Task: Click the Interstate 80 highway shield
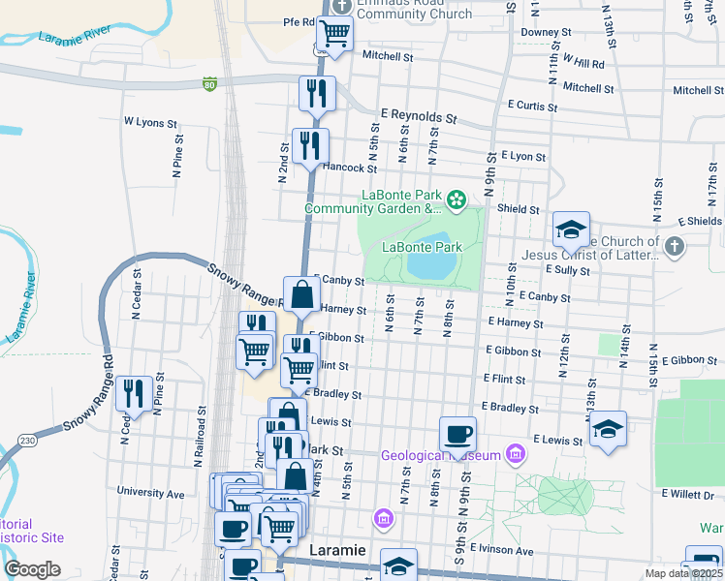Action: pos(209,85)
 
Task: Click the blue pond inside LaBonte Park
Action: pos(426,259)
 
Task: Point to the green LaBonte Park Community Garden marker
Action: pos(455,201)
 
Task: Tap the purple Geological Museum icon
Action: pos(515,454)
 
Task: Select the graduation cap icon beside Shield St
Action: pos(572,229)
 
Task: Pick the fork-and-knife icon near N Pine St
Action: pos(134,393)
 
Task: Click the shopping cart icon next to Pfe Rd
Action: pos(334,32)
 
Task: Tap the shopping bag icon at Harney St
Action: pos(301,294)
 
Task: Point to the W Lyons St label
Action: pos(150,124)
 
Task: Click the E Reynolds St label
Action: pos(418,115)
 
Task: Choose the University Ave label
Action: pos(150,493)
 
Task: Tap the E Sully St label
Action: pos(568,269)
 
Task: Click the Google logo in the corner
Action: pos(32,568)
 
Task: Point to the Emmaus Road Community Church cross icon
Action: pos(340,6)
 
